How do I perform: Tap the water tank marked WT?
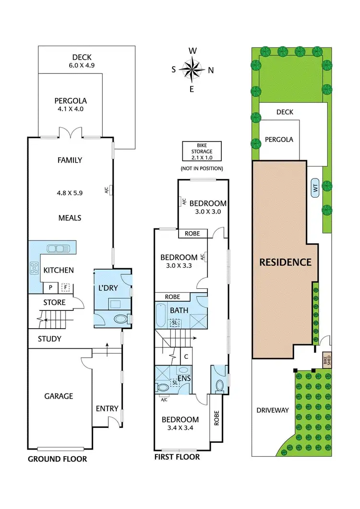pyautogui.click(x=315, y=189)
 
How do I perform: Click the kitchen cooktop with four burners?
pyautogui.click(x=35, y=267)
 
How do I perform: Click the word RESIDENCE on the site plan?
pyautogui.click(x=286, y=262)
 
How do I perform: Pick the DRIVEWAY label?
pyautogui.click(x=272, y=410)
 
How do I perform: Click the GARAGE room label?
pyautogui.click(x=59, y=396)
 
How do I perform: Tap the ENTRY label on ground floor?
pyautogui.click(x=107, y=408)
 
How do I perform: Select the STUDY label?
pyautogui.click(x=50, y=339)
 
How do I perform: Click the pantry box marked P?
pyautogui.click(x=50, y=288)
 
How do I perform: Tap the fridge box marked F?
pyautogui.click(x=65, y=288)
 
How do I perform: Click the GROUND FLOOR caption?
pyautogui.click(x=57, y=459)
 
